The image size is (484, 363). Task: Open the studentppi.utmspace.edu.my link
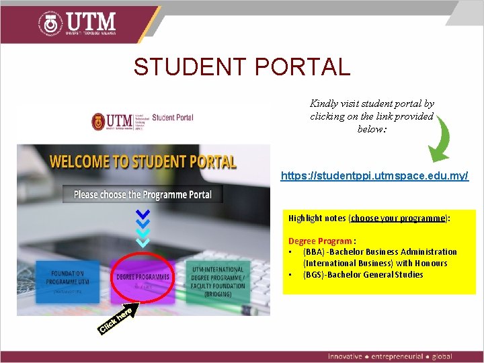(374, 176)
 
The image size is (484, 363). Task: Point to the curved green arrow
(437, 141)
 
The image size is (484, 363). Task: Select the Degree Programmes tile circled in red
(143, 277)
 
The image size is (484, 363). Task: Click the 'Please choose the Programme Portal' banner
(143, 194)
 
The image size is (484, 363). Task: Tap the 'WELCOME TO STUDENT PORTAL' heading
(143, 162)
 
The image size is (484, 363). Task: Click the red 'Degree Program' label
(320, 241)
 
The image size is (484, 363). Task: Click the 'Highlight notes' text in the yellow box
(317, 218)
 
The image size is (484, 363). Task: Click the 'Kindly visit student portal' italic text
(372, 104)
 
